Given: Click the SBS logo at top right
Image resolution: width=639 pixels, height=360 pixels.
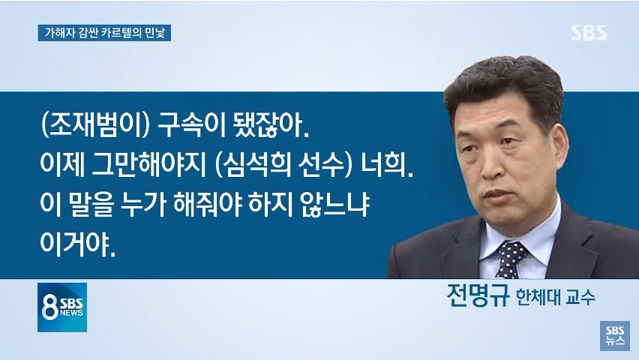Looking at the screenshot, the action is pyautogui.click(x=589, y=32).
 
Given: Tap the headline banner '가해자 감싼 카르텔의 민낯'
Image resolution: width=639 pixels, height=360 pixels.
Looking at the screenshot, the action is pyautogui.click(x=104, y=33).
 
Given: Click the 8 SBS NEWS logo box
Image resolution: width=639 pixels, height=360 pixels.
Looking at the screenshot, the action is pyautogui.click(x=62, y=307).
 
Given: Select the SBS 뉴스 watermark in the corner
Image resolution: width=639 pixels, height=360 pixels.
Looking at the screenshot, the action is pyautogui.click(x=615, y=335).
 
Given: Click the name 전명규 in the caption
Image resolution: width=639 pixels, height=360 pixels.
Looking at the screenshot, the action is pyautogui.click(x=478, y=295).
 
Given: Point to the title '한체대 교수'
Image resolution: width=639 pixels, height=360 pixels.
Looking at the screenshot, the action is pyautogui.click(x=556, y=297).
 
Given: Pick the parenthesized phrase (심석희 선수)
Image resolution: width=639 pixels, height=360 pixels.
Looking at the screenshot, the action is pyautogui.click(x=283, y=165).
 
